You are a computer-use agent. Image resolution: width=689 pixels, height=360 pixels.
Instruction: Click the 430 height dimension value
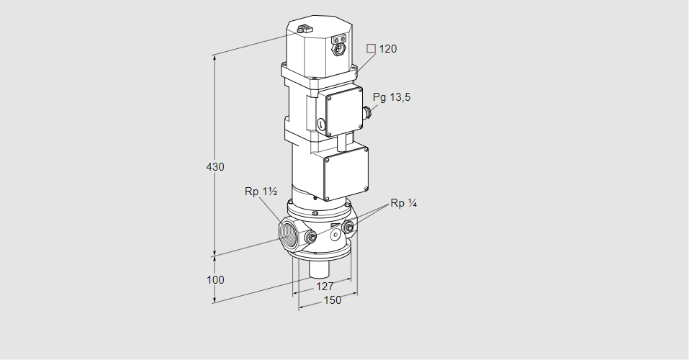point(215,167)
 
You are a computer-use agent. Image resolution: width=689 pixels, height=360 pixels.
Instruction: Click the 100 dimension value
point(215,280)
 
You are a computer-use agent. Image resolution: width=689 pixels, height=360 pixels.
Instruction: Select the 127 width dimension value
point(325,287)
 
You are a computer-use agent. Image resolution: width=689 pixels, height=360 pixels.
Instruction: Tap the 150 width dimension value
point(333,300)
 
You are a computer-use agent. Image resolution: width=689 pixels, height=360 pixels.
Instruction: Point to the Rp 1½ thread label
point(261,192)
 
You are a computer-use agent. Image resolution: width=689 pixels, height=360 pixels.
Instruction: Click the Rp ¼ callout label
point(404,203)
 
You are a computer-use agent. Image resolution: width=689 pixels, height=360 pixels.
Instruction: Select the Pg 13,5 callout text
point(392,98)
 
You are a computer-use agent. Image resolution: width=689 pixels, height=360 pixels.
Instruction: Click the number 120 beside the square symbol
point(388,49)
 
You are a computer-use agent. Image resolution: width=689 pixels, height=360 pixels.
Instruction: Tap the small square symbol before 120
point(371,48)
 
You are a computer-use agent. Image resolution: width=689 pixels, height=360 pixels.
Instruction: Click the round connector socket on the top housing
point(339,50)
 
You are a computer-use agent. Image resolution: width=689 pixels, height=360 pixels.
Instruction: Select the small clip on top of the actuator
point(304,30)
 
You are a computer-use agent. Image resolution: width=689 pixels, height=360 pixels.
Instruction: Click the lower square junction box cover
point(346,174)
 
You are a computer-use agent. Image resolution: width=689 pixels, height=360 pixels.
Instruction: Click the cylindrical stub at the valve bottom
point(320,269)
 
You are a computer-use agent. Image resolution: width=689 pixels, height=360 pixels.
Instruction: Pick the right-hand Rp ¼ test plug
point(348,228)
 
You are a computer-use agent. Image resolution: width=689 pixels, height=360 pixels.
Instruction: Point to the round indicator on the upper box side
point(321,125)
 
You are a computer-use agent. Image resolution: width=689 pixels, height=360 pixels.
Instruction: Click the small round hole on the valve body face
point(335,235)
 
